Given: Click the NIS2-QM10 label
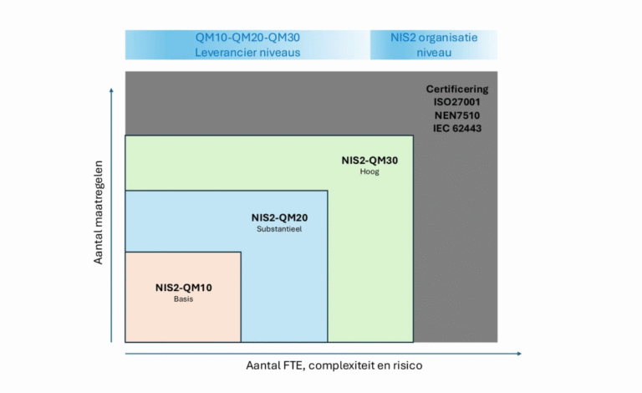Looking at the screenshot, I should point(183,288).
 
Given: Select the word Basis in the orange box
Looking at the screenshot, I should point(183,299).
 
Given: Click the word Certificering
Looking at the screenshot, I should point(456,89).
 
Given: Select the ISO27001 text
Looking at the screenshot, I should point(456,102).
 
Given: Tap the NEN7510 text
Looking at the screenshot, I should point(456,115).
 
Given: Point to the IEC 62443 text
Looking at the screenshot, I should point(456,129).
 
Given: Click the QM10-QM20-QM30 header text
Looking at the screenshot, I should point(247,38).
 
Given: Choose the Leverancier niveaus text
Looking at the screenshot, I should point(247,52).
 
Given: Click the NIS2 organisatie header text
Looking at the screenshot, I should point(433,38).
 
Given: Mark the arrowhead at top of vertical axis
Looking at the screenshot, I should point(111,88).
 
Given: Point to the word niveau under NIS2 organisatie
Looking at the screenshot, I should point(433,52).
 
